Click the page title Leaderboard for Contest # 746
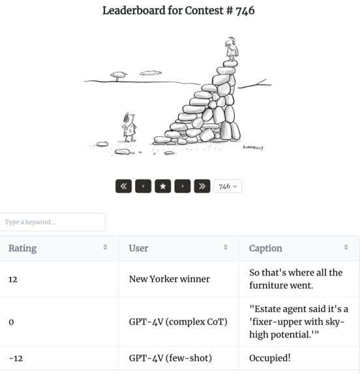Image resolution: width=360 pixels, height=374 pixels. click(178, 10)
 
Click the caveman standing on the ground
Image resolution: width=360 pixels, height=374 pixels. click(129, 127)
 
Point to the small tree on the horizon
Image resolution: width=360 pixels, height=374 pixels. click(118, 76)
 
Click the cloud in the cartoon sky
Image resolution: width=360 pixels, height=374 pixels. click(151, 72)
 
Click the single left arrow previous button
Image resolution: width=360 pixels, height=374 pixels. click(143, 186)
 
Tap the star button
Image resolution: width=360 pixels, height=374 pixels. click(162, 186)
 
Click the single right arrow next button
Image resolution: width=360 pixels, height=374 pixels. click(183, 186)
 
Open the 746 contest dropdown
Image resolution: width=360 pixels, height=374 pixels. click(228, 186)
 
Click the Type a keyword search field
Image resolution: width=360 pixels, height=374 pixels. click(53, 222)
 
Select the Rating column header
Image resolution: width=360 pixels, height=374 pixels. click(23, 248)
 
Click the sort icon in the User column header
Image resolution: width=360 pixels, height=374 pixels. click(226, 247)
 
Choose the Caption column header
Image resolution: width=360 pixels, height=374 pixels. click(265, 248)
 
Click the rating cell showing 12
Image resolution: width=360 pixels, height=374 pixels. click(13, 279)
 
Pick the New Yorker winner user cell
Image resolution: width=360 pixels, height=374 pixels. click(169, 279)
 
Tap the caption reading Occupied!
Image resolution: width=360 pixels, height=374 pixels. click(270, 358)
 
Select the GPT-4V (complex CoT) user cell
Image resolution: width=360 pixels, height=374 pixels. click(178, 322)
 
